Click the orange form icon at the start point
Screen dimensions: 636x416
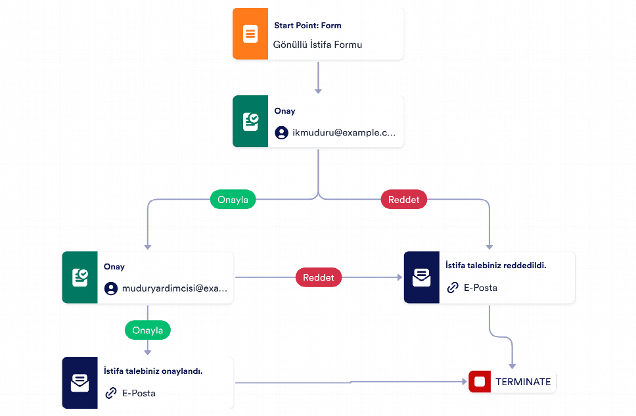[x=250, y=34]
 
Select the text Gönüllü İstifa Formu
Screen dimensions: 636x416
[x=317, y=45]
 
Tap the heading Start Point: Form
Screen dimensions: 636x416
[x=308, y=26]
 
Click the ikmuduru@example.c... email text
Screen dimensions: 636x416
[x=344, y=133]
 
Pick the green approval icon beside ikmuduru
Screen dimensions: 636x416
[x=250, y=122]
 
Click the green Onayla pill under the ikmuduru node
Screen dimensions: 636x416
[x=233, y=199]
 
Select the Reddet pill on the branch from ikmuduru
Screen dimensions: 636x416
[x=403, y=199]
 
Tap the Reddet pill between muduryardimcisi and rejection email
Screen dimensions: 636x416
[x=319, y=277]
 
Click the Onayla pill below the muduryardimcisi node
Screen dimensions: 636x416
[x=148, y=330]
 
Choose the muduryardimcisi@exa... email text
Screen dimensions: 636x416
[x=174, y=289]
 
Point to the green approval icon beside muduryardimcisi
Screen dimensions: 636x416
[x=80, y=277]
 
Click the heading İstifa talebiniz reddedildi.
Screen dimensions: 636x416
[x=495, y=266]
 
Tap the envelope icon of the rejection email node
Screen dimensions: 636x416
[x=421, y=277]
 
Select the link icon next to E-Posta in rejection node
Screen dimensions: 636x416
[x=453, y=288]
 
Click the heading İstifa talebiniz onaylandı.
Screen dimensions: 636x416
[x=153, y=371]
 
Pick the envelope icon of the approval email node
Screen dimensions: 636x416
[x=80, y=382]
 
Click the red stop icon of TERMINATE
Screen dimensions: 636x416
[x=480, y=382]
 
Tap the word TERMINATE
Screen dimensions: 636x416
[x=523, y=382]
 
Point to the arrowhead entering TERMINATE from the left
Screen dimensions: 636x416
[x=465, y=382]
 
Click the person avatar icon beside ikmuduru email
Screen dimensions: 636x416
[x=281, y=133]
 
